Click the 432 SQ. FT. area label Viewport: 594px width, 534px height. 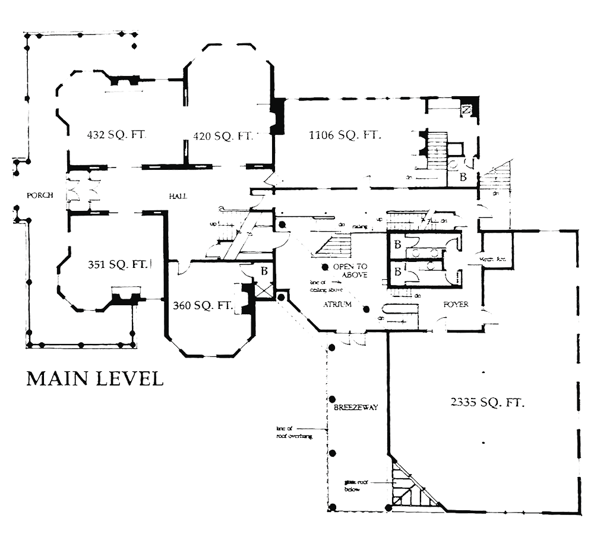116,135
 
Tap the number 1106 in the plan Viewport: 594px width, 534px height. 322,135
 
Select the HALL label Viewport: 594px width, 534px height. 176,195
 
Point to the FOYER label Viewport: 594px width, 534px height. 456,305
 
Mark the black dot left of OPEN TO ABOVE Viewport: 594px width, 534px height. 326,268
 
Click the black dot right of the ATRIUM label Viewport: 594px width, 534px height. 366,309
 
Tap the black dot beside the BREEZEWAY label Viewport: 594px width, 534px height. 333,399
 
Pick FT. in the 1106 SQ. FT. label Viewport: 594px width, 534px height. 369,135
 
